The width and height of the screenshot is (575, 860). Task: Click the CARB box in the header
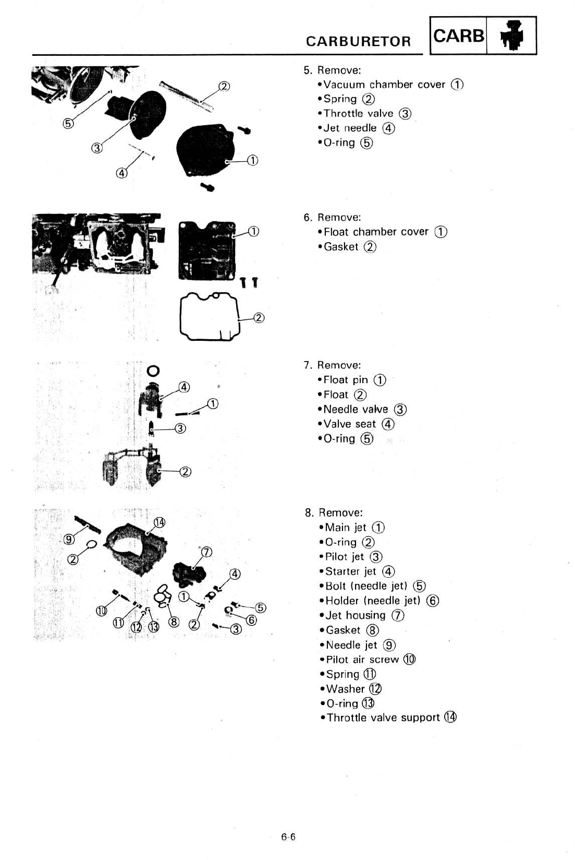point(458,35)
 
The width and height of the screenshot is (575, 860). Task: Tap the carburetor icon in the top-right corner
point(511,36)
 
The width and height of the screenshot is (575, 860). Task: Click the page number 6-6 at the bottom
point(288,837)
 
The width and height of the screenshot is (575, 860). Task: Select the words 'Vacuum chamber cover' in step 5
point(384,85)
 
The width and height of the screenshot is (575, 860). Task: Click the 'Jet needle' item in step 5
point(350,128)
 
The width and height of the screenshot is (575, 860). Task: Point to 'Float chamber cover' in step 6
point(376,232)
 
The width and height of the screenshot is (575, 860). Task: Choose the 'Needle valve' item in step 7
point(356,410)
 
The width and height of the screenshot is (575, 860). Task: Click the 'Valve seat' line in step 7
point(350,424)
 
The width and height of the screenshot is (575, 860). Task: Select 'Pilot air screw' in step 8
point(362,660)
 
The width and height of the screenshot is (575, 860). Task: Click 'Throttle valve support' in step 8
point(384,718)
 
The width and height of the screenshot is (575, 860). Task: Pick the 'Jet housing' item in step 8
point(356,616)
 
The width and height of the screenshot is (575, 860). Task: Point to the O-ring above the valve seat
point(152,371)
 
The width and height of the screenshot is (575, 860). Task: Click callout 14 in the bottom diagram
point(160,523)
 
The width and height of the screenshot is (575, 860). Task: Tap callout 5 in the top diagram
point(68,124)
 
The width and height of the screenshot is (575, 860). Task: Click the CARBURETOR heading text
point(358,41)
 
